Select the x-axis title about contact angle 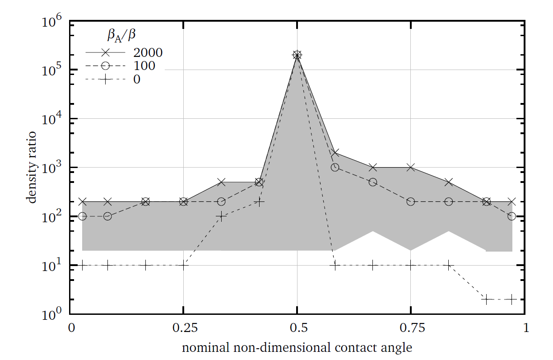coord(297,348)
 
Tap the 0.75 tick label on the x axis coord(410,327)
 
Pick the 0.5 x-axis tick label coord(297,327)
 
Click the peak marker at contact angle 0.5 coord(297,55)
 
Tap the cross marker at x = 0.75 coord(410,168)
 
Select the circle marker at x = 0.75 coord(410,201)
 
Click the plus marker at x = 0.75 coord(410,265)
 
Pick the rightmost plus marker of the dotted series coord(511,299)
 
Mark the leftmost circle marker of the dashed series coord(82,216)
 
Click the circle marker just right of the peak coord(335,167)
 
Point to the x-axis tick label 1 coord(523,327)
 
